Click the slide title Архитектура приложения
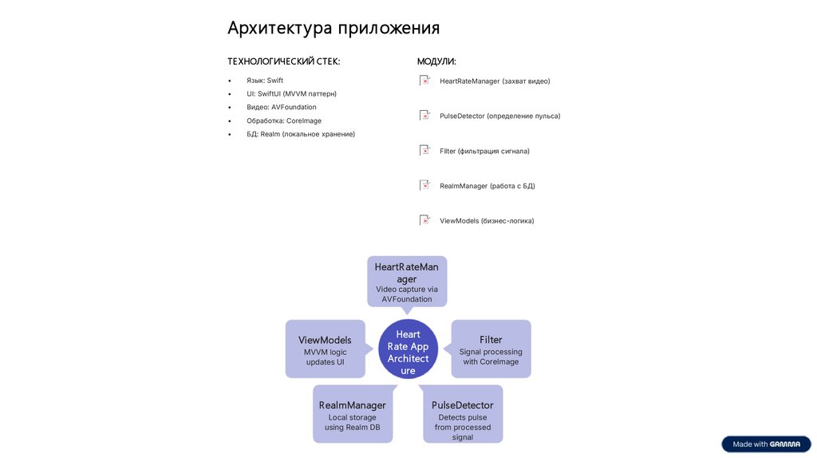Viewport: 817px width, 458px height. (x=333, y=29)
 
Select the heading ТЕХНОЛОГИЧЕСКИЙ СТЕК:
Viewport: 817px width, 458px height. (x=283, y=61)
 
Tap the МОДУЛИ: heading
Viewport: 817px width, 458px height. (x=436, y=61)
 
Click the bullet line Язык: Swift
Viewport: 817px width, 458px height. (x=264, y=81)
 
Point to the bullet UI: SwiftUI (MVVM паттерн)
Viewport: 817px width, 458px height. (x=291, y=94)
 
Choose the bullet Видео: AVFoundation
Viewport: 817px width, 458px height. (x=281, y=107)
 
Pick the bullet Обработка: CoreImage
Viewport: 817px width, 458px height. (x=283, y=120)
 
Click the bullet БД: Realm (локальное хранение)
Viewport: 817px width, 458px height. (x=300, y=134)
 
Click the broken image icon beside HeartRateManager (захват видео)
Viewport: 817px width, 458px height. (x=424, y=81)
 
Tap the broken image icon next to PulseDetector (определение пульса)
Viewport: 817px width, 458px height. (x=424, y=116)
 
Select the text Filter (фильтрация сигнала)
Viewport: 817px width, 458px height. (x=484, y=151)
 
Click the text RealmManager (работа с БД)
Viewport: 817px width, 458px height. (x=487, y=186)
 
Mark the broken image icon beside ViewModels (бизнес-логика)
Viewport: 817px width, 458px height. (x=424, y=220)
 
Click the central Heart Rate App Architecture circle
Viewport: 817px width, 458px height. (x=408, y=352)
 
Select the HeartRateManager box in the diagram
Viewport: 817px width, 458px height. (x=407, y=282)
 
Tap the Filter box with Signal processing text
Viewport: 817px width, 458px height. (x=491, y=349)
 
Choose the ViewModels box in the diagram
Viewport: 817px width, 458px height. (x=325, y=349)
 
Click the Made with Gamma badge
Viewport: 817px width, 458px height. (x=766, y=444)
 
